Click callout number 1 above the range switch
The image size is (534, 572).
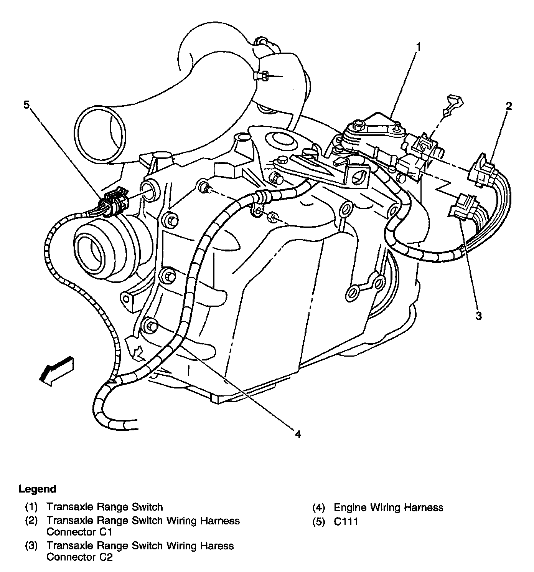pos(419,47)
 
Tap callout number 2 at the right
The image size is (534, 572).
pos(509,106)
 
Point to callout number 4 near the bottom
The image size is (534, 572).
pos(298,434)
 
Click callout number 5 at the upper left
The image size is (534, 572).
pos(26,105)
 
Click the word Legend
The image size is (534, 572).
pos(37,489)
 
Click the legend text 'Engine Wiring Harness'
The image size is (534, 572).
pos(388,508)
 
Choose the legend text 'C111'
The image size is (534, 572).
pos(346,521)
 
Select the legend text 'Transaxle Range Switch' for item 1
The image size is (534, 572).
pos(104,507)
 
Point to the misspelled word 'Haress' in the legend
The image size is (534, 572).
pos(218,546)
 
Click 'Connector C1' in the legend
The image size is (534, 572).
pos(79,532)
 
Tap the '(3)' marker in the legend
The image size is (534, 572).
pos(31,546)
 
